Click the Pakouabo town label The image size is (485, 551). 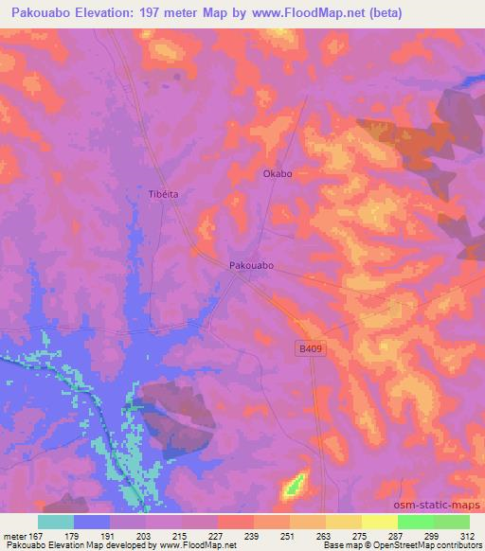[252, 267]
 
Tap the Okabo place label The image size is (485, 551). [277, 174]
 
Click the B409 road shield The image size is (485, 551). [302, 349]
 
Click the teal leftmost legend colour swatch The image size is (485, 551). [56, 522]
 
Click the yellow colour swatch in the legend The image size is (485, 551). [379, 522]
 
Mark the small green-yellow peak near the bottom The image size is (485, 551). [295, 485]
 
